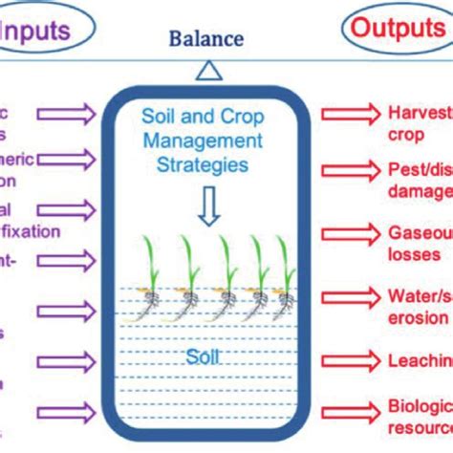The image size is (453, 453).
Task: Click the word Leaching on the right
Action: point(420,359)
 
